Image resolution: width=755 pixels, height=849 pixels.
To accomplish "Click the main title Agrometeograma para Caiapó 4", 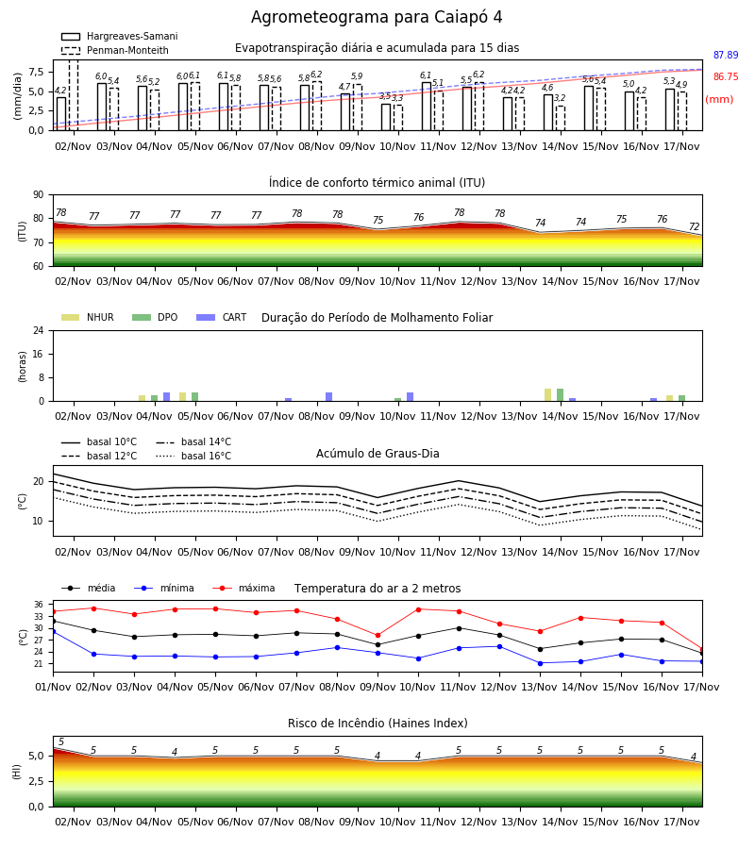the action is [x=377, y=17].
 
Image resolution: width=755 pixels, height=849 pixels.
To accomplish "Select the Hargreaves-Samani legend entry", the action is [x=119, y=36].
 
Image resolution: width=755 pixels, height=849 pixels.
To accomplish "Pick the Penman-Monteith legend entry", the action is [x=115, y=50].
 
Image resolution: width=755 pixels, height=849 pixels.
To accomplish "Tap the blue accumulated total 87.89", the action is [x=726, y=56].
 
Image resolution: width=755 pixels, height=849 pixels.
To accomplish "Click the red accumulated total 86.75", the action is [x=726, y=77].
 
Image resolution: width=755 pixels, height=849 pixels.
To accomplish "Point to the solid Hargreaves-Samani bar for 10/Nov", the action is [x=386, y=117].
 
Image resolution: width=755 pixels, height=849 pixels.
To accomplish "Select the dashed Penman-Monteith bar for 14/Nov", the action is [x=561, y=118].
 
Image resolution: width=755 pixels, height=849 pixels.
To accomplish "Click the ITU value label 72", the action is [x=695, y=226].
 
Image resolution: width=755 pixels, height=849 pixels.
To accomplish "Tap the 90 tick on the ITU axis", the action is [x=39, y=195].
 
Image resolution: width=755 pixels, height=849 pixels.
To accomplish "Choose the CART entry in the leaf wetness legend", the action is [x=222, y=317].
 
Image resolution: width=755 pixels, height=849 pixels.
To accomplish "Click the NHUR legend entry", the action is [x=88, y=317].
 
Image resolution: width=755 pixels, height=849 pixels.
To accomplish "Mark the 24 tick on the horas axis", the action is [x=39, y=330].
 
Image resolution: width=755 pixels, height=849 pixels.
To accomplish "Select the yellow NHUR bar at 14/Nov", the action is [x=548, y=395].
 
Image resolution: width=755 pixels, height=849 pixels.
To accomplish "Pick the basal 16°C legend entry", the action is [x=193, y=456].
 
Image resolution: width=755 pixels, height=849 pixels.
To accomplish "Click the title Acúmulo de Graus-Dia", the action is [x=377, y=454].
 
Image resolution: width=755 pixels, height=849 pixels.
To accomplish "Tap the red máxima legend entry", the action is [x=244, y=588].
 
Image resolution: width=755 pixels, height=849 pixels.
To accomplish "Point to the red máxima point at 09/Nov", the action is [x=378, y=636].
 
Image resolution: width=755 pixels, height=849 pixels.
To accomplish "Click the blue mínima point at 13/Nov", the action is [x=540, y=663].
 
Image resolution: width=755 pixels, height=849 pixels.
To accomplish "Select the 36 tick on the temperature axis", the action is [x=39, y=605].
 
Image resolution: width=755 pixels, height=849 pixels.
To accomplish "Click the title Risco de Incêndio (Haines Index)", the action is [x=377, y=724].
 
